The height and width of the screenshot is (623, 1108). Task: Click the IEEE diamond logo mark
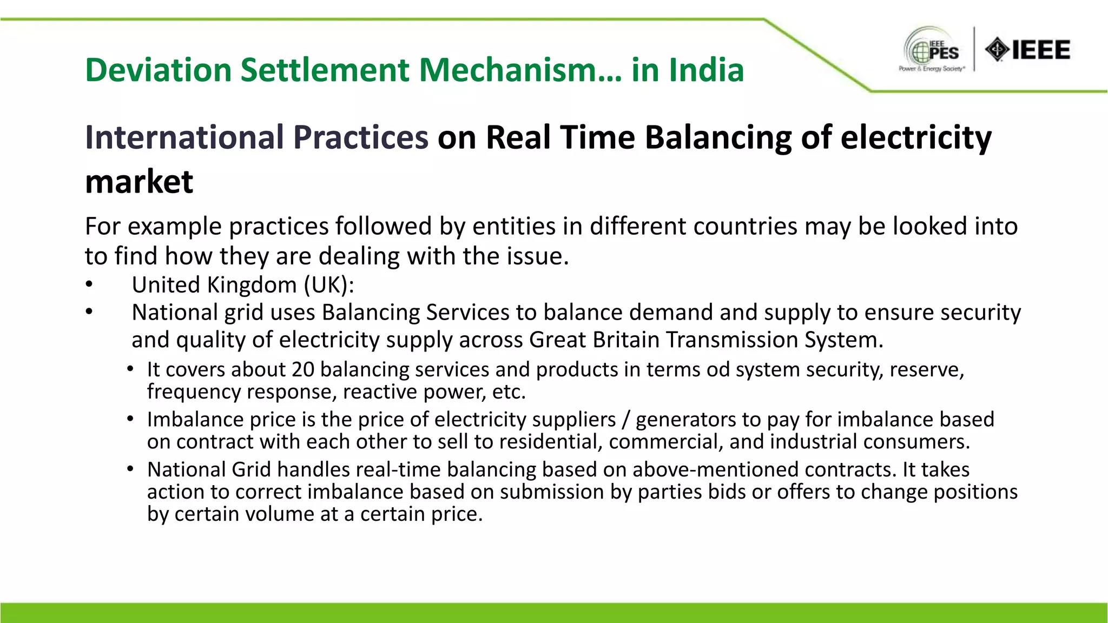pos(997,50)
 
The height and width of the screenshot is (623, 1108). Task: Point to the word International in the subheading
pos(187,137)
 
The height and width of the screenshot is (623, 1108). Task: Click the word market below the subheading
pos(139,182)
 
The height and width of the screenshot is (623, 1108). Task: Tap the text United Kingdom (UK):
pos(243,285)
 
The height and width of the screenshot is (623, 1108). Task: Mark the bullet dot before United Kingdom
pos(89,285)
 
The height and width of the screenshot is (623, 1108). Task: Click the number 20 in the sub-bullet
pos(302,369)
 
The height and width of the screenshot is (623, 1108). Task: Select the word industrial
pos(813,442)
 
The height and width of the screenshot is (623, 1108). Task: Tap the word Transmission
pos(731,340)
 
